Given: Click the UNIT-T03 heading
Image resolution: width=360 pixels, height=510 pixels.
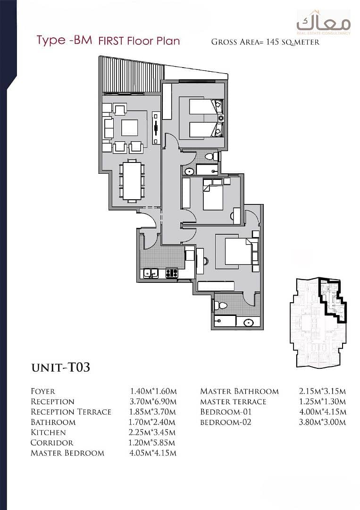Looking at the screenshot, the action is [60, 367].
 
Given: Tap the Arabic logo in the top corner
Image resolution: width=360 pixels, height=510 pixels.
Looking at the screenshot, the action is [323, 23].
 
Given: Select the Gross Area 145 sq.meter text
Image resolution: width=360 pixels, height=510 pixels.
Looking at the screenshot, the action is [265, 42].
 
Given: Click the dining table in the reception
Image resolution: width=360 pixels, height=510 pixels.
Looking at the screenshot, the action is [132, 180].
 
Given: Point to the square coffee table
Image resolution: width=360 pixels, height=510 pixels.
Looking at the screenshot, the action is [129, 127].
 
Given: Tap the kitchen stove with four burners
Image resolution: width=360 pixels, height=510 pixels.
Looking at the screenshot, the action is [172, 273].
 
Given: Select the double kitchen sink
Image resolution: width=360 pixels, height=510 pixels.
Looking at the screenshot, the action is [151, 273].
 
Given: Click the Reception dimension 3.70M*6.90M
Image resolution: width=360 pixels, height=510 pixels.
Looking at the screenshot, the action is [153, 401].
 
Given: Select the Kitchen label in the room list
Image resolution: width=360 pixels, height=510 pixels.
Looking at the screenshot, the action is [48, 432].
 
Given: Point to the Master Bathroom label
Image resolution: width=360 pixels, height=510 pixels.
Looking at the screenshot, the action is [240, 391].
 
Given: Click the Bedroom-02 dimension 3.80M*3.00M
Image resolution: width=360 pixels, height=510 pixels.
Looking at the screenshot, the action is [323, 422].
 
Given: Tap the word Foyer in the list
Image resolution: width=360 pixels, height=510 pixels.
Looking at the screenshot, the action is [43, 391].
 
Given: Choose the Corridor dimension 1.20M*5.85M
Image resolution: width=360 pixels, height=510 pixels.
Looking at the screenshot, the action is [152, 442].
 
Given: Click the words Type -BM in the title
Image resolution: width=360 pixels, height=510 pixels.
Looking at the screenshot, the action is [64, 40].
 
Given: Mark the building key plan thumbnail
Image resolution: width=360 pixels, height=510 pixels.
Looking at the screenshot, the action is [318, 323].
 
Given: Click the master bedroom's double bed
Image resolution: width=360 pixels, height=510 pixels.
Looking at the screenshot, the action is [238, 251].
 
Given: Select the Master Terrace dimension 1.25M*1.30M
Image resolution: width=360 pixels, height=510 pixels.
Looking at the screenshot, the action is [322, 401].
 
